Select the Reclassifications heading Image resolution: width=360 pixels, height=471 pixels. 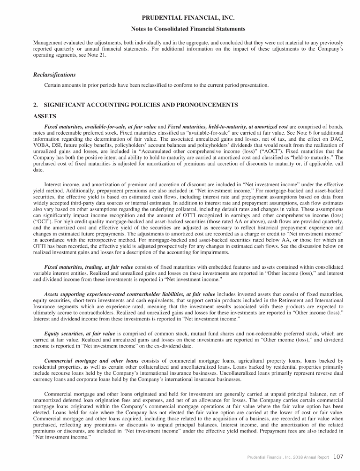[54, 75]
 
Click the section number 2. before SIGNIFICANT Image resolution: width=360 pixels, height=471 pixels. [36, 104]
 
